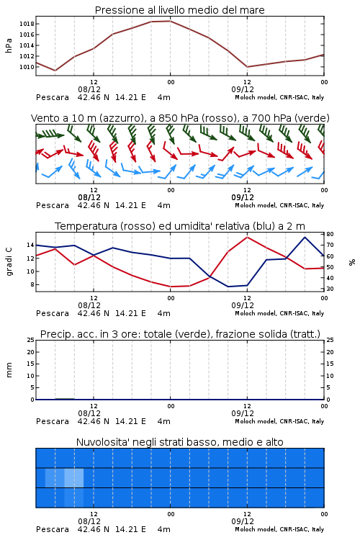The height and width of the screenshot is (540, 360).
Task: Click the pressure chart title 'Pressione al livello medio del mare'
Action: pyautogui.click(x=180, y=10)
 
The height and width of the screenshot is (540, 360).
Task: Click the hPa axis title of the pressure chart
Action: pyautogui.click(x=9, y=45)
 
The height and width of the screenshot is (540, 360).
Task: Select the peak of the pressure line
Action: pyautogui.click(x=170, y=21)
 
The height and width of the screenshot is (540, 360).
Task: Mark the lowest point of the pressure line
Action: pyautogui.click(x=55, y=71)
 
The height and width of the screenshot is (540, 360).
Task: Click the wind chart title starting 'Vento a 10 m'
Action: pyautogui.click(x=180, y=118)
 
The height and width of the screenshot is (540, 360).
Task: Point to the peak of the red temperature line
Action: pyautogui.click(x=247, y=237)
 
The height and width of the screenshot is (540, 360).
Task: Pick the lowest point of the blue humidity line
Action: pyautogui.click(x=228, y=287)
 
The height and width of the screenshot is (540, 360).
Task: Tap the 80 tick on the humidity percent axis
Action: pyautogui.click(x=330, y=234)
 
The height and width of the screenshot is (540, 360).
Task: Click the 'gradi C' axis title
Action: pyautogui.click(x=9, y=261)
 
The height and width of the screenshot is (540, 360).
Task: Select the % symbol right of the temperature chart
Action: pyautogui.click(x=352, y=262)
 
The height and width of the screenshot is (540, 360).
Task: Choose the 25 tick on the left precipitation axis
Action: pyautogui.click(x=30, y=340)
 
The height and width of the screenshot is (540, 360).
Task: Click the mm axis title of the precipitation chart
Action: pyautogui.click(x=9, y=370)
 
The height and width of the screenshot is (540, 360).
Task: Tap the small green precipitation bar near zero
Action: pyautogui.click(x=65, y=399)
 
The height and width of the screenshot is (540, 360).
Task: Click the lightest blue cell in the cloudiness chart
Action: pyautogui.click(x=74, y=477)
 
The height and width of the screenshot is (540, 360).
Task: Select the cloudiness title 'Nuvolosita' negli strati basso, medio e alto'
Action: pyautogui.click(x=180, y=442)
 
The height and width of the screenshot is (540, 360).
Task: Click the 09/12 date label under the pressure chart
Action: pyautogui.click(x=243, y=89)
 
